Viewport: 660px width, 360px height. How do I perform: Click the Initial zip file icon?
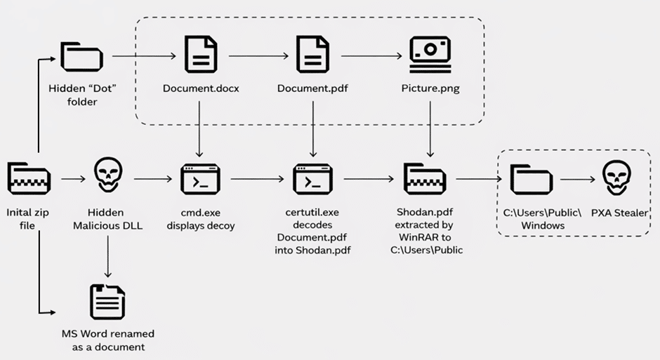(28, 178)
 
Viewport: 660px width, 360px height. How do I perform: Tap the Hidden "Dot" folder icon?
(81, 56)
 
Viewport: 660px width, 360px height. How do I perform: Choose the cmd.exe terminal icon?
(201, 179)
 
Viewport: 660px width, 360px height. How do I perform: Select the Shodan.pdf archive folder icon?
(423, 178)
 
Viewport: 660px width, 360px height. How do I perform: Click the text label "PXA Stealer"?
(619, 213)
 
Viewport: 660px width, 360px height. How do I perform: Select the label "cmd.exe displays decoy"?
(200, 219)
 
